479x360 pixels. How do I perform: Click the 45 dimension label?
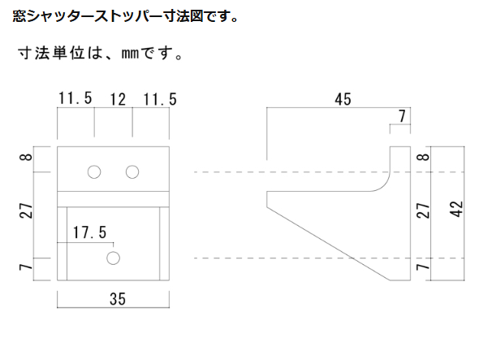(x=343, y=99)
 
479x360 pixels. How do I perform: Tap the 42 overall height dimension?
(x=457, y=209)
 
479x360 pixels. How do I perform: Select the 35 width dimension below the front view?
(x=118, y=299)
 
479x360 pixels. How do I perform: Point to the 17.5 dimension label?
(x=90, y=232)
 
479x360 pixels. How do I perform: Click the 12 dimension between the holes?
(x=118, y=100)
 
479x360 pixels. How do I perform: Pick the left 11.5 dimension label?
(x=76, y=98)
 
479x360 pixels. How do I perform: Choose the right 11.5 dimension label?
(x=160, y=99)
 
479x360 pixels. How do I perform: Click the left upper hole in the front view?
(x=94, y=172)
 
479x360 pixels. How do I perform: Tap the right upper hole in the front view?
(x=132, y=172)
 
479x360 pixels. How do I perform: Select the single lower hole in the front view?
(x=114, y=258)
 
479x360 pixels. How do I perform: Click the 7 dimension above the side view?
(x=402, y=116)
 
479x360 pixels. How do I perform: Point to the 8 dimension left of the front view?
(x=26, y=157)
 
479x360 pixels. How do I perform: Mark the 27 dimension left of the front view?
(x=26, y=210)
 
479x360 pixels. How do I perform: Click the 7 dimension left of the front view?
(x=26, y=267)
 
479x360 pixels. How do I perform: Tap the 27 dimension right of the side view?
(x=423, y=210)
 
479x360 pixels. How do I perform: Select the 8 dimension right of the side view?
(x=423, y=157)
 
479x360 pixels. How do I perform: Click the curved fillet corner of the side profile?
(x=384, y=186)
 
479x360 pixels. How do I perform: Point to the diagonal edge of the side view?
(x=328, y=244)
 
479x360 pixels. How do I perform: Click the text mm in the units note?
(x=130, y=54)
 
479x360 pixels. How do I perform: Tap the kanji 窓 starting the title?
(x=19, y=16)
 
